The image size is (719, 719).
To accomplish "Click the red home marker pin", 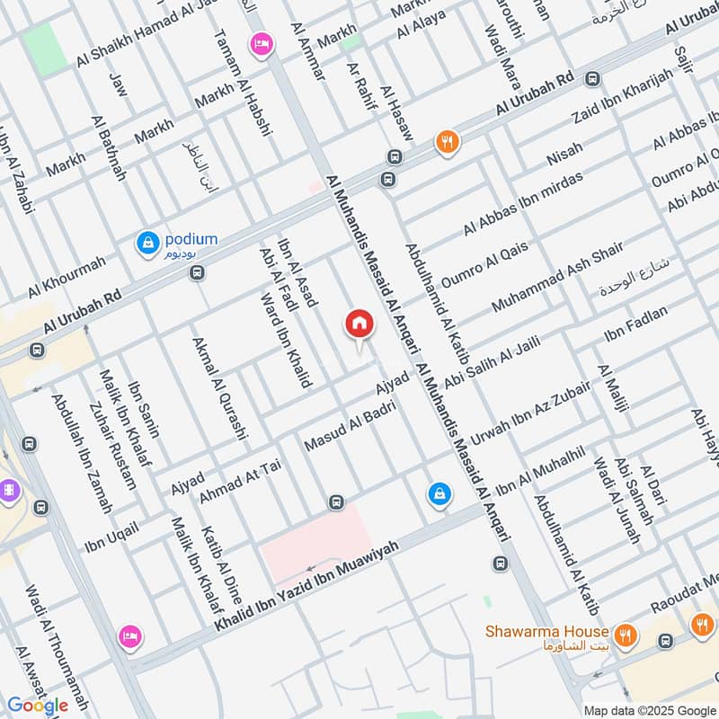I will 359,324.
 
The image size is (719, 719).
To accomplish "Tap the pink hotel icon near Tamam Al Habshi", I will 262,44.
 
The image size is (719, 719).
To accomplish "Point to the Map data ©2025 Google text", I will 650,710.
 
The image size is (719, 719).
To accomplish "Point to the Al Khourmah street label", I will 67,276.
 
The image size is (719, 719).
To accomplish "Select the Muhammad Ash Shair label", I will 557,278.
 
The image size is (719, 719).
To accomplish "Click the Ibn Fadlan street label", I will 636,324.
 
